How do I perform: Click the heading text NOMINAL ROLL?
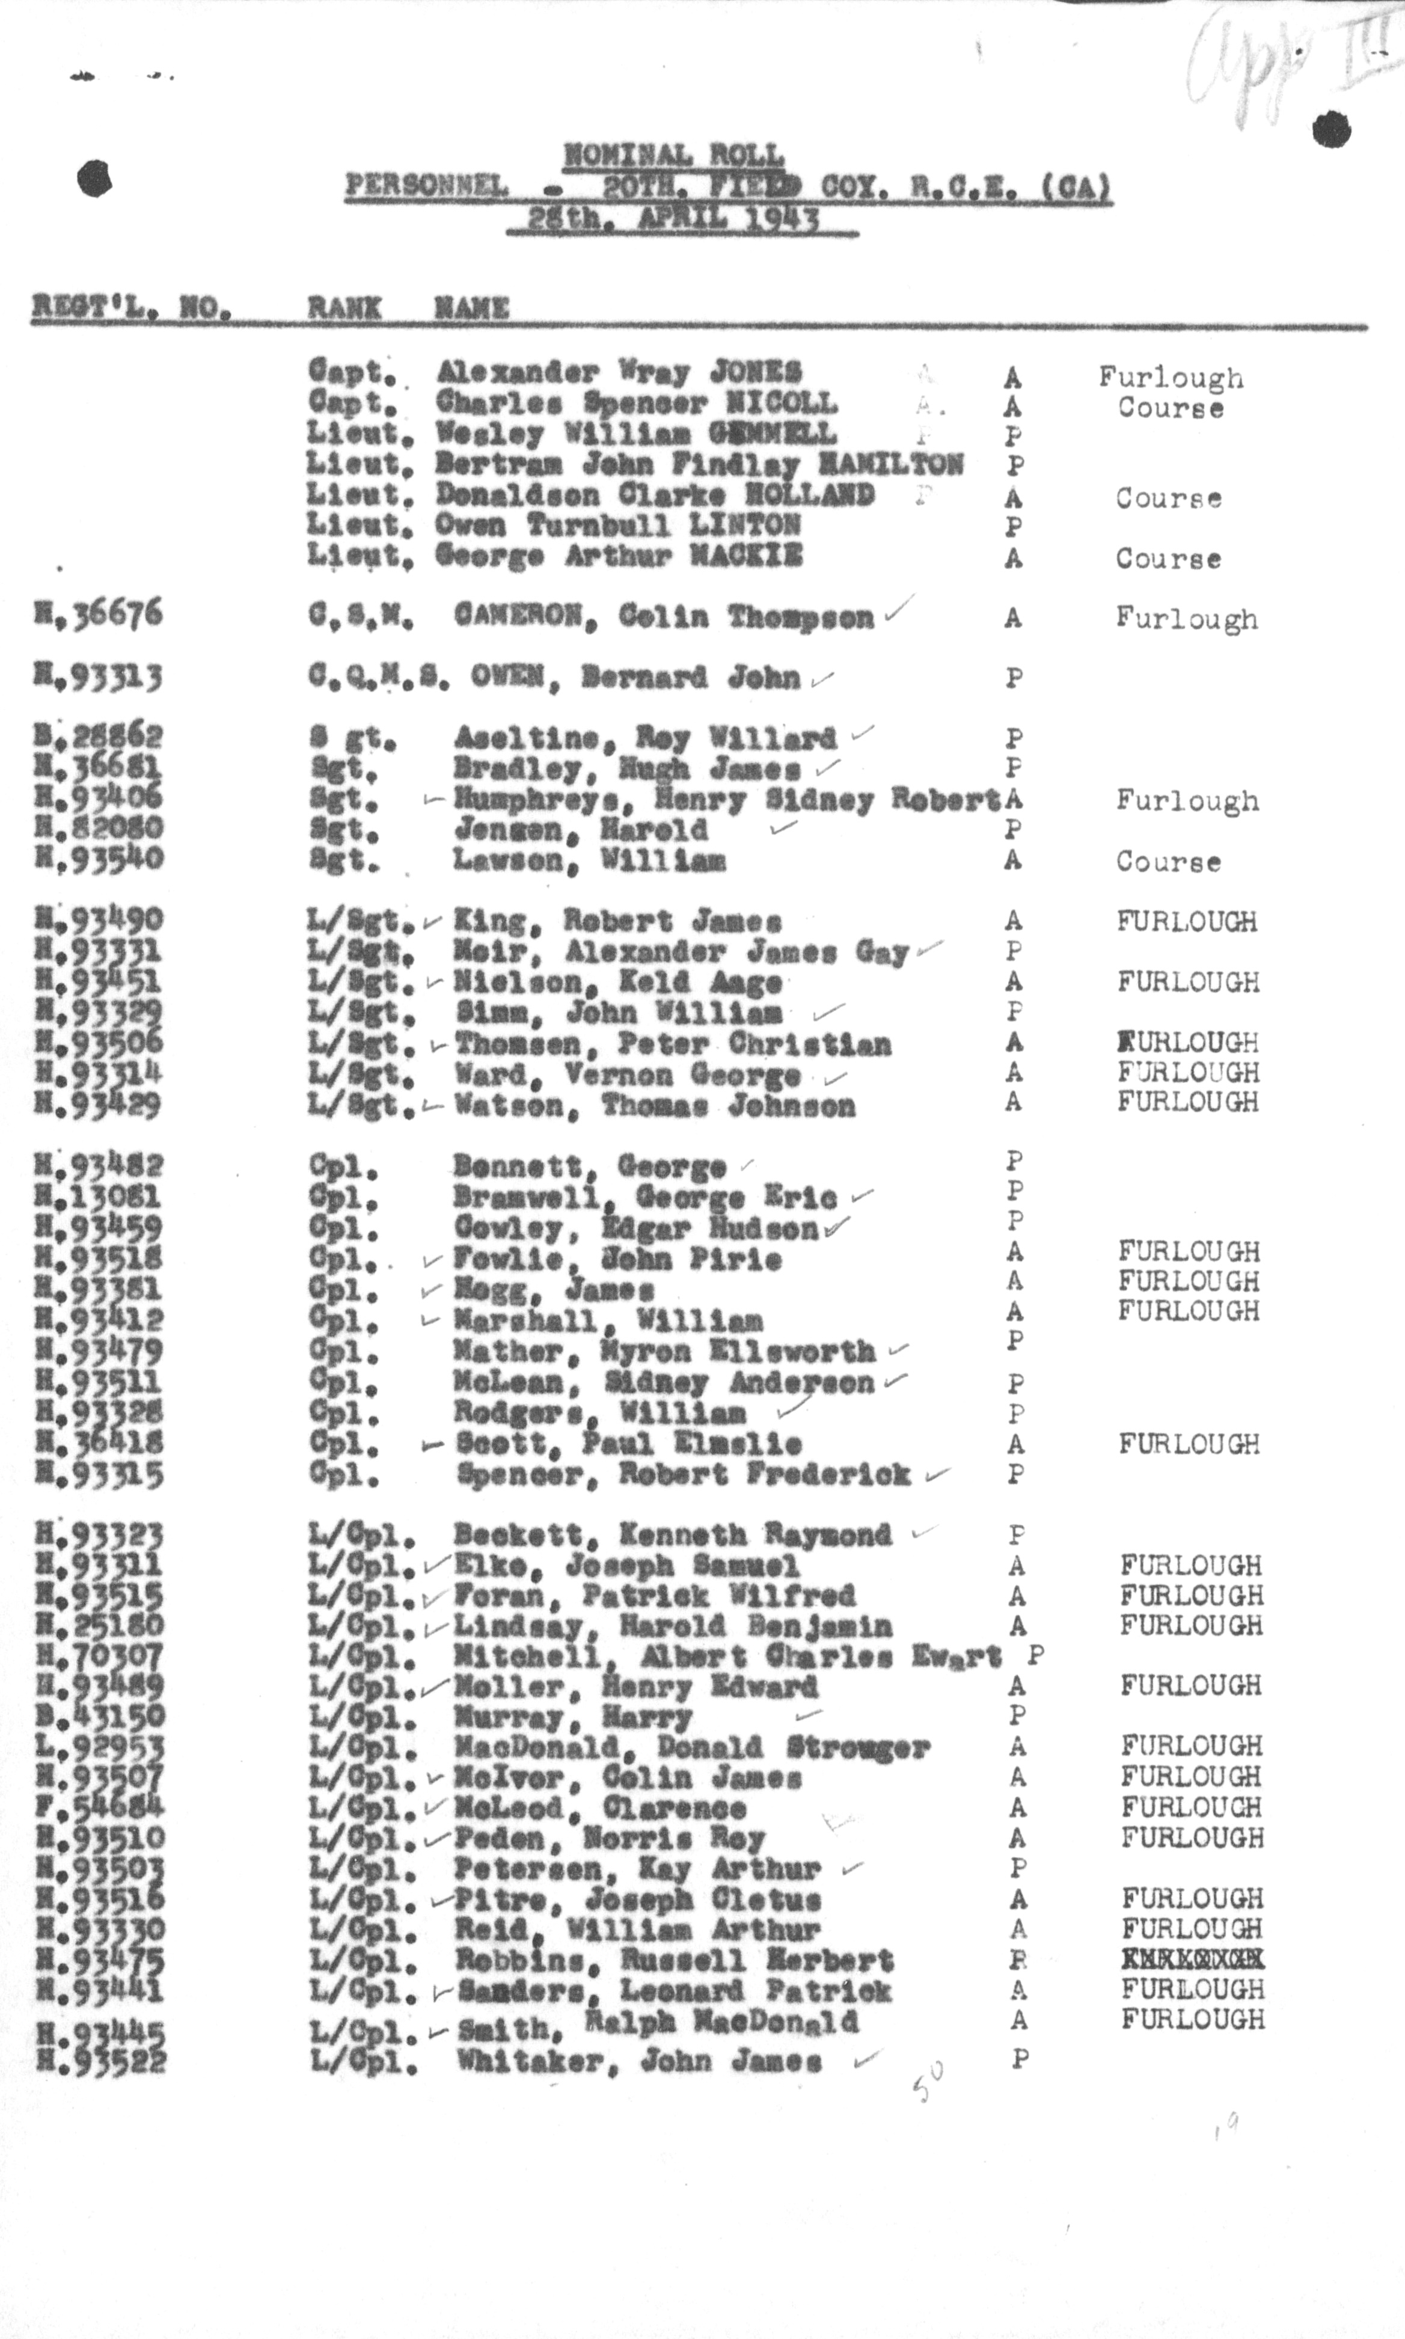click(x=673, y=155)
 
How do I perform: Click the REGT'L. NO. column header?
click(x=132, y=307)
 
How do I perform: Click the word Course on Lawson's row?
click(x=1168, y=862)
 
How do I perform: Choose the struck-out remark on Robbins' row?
click(x=1193, y=1959)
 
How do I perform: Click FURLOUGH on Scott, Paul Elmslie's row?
click(x=1189, y=1444)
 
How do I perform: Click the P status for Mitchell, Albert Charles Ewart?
click(x=1036, y=1655)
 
